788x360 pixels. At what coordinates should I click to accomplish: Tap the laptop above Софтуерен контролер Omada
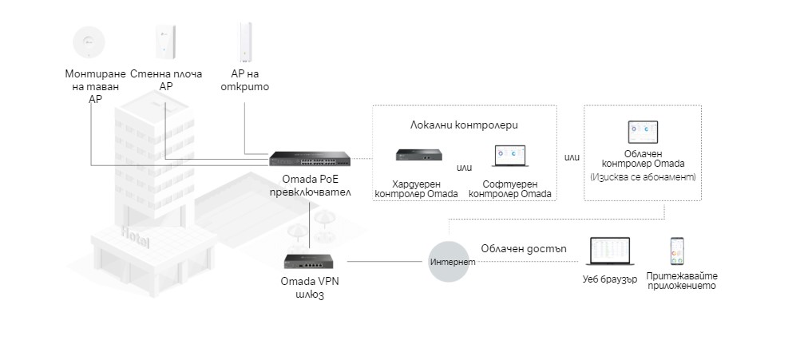[x=508, y=156]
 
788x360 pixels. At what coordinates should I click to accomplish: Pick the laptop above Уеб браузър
[x=611, y=251]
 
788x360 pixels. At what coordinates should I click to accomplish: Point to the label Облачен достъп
[x=524, y=247]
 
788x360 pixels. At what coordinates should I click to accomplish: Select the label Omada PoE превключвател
[x=305, y=187]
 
